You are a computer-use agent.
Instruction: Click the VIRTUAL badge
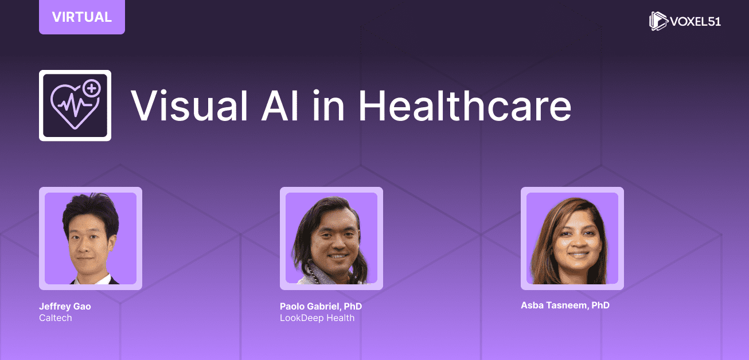(82, 17)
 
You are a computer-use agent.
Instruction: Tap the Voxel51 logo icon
(658, 21)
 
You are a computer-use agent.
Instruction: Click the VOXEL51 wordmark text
(696, 21)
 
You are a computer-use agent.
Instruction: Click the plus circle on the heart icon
(92, 89)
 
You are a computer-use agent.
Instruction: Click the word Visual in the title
(189, 105)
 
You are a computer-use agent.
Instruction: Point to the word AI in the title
(280, 105)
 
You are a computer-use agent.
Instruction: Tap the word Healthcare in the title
(465, 105)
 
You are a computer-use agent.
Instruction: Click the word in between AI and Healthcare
(329, 105)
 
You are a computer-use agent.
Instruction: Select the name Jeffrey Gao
(65, 306)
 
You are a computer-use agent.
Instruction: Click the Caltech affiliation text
(56, 318)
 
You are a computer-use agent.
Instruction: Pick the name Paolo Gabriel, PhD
(321, 306)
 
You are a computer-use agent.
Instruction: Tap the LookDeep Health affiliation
(317, 318)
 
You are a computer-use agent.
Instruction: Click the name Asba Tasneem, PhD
(565, 305)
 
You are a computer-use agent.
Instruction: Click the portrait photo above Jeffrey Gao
(91, 238)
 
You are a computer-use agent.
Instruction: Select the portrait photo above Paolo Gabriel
(331, 238)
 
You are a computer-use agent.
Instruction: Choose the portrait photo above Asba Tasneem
(572, 238)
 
